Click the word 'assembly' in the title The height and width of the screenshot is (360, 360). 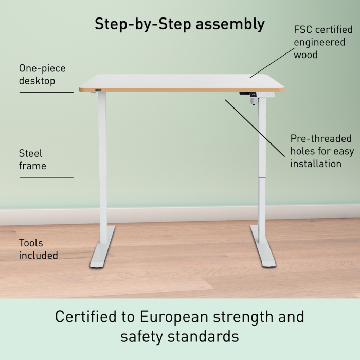coord(230,24)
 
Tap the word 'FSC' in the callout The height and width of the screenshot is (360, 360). coord(303,30)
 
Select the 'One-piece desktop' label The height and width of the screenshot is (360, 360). coord(42,75)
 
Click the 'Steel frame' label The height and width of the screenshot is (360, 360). coord(32,159)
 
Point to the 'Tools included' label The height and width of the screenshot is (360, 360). coord(39,249)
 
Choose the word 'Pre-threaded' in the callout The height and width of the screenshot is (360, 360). coord(321,139)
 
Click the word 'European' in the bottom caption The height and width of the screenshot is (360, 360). coord(174,317)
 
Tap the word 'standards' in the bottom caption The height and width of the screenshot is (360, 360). coord(203,336)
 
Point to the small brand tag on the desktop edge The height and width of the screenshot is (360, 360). coord(98,90)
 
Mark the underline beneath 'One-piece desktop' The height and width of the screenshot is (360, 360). coord(46,92)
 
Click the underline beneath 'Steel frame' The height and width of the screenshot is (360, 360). coord(46,177)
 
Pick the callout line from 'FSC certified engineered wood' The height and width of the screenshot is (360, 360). coord(272,63)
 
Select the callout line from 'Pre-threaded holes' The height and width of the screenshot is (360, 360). coord(255,128)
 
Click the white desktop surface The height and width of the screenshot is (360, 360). coord(182,81)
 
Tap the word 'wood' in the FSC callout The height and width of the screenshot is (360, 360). coord(305,55)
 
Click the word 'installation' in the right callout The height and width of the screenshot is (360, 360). coord(316,164)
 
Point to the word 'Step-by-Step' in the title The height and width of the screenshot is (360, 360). coord(143,24)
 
